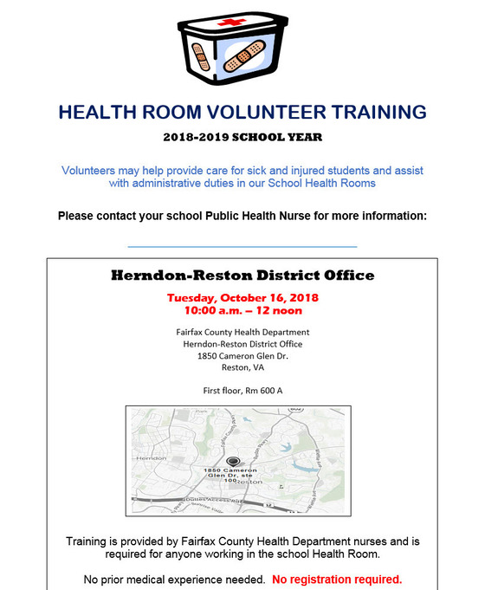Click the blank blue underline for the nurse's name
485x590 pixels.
click(242, 247)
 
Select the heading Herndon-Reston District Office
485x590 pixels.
click(242, 276)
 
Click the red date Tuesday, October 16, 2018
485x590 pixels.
click(242, 297)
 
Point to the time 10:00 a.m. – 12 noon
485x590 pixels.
click(242, 309)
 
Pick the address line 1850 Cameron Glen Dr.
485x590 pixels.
click(242, 354)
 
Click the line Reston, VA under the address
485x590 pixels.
click(242, 366)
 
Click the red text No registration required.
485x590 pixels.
click(337, 578)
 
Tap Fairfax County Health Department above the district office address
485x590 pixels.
click(242, 332)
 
